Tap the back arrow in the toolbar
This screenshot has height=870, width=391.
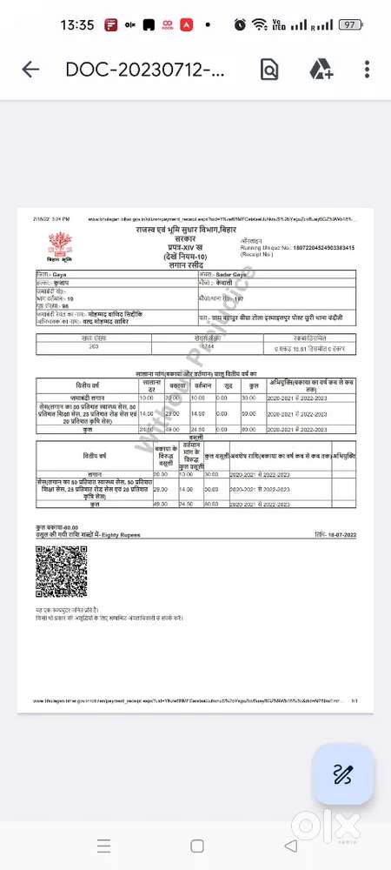pyautogui.click(x=30, y=70)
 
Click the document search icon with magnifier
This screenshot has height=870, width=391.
pyautogui.click(x=269, y=70)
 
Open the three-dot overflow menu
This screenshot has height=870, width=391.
pyautogui.click(x=368, y=70)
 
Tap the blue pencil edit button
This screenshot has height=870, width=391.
pyautogui.click(x=342, y=773)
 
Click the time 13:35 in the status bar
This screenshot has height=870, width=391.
pyautogui.click(x=76, y=24)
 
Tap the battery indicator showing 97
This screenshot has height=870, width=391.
pyautogui.click(x=349, y=24)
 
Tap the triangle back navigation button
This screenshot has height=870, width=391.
pyautogui.click(x=290, y=845)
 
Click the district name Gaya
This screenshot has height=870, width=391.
pyautogui.click(x=62, y=273)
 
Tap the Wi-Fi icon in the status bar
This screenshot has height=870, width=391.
pyautogui.click(x=258, y=24)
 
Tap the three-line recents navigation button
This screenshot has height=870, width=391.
pyautogui.click(x=103, y=845)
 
